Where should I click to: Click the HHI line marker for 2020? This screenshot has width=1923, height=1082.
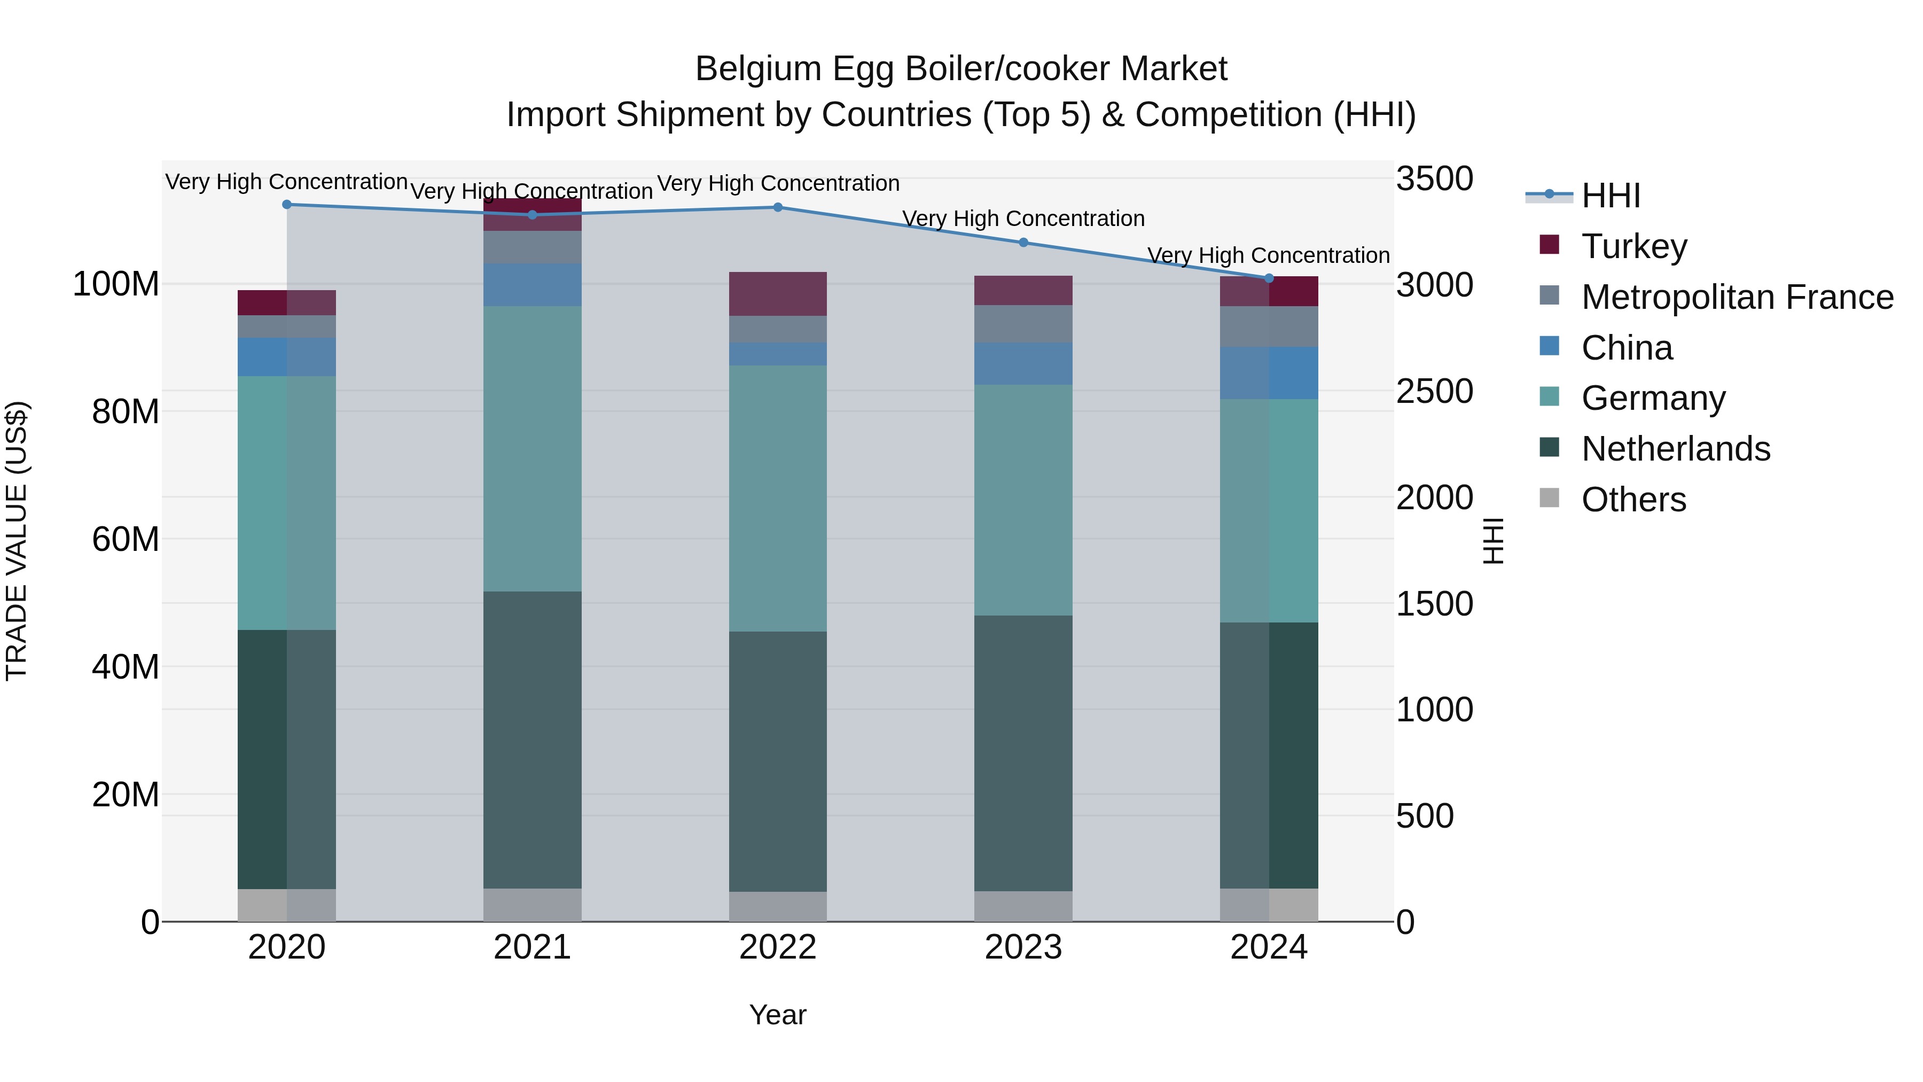(x=287, y=205)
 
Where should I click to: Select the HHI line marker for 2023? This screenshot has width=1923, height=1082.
(x=1023, y=243)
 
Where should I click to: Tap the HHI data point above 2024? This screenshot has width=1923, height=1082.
(x=1269, y=278)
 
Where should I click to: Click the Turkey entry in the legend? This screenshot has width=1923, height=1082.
(x=1633, y=246)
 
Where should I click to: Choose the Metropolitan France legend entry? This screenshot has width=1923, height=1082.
(x=1737, y=297)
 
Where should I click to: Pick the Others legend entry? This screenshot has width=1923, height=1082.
(x=1633, y=500)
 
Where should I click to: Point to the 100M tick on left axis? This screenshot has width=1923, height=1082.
(x=116, y=284)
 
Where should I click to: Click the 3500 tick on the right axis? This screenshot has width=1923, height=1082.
(x=1434, y=179)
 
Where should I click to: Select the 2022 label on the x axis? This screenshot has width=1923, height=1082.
(x=778, y=947)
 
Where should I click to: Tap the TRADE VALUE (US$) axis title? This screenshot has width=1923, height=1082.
(x=17, y=541)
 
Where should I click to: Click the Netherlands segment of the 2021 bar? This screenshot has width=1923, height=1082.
(x=532, y=740)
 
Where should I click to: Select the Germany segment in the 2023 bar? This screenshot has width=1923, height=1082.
(x=1023, y=500)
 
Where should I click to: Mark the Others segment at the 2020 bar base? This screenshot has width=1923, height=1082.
(x=287, y=905)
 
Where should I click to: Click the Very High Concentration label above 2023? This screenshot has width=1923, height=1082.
(x=1023, y=219)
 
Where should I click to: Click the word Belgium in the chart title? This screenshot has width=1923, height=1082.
(x=759, y=69)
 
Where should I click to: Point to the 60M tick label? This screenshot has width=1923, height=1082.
(x=126, y=539)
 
